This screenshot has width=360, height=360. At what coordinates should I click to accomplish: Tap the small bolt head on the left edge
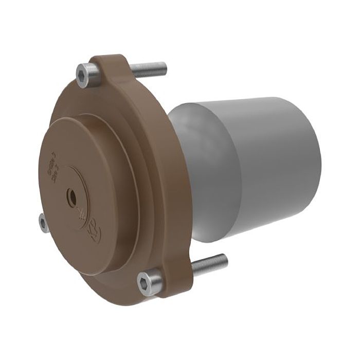pyautogui.click(x=43, y=222)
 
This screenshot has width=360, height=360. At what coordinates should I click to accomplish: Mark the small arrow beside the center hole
pyautogui.click(x=81, y=211)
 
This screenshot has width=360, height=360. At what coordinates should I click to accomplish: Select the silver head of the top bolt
pyautogui.click(x=85, y=75)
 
